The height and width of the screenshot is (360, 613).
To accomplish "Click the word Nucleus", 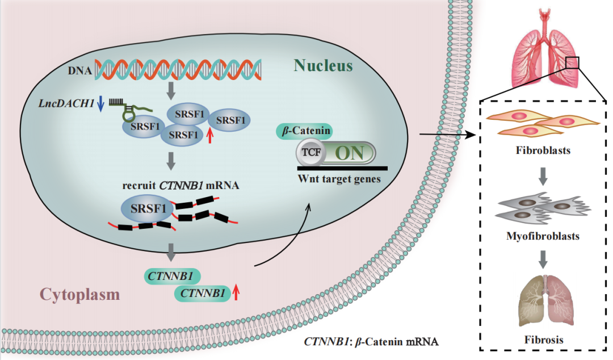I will [323, 66].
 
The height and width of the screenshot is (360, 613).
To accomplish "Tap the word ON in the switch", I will [350, 153].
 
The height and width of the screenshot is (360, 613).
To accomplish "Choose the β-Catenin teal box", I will [304, 131].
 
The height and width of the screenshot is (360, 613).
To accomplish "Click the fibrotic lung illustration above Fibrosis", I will [543, 302].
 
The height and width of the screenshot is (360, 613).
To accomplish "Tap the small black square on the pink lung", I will [572, 62].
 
